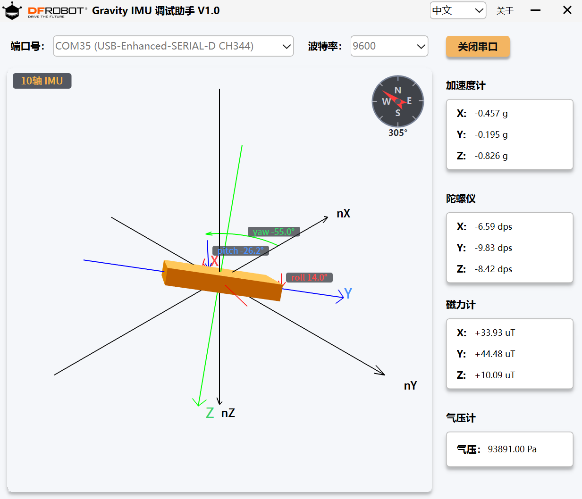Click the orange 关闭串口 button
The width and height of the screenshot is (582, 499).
[478, 46]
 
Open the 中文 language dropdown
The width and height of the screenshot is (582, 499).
[458, 10]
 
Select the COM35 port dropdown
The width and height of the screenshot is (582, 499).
[173, 46]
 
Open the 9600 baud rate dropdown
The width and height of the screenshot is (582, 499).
[389, 46]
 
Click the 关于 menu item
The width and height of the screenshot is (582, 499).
[505, 11]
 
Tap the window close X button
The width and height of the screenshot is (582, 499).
[567, 10]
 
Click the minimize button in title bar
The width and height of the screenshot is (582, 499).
[535, 10]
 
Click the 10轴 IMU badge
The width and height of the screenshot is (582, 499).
[42, 81]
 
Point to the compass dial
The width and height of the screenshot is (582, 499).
[397, 101]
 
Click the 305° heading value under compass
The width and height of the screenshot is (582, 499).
[397, 133]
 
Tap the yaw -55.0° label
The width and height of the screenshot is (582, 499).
[274, 232]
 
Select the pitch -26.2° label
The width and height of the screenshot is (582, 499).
[241, 250]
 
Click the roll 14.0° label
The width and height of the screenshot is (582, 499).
[309, 278]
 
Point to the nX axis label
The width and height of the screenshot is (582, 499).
[344, 214]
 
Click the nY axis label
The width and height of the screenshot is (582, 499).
[410, 386]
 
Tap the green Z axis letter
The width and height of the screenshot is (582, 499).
[210, 413]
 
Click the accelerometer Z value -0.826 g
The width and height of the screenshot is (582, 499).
[491, 156]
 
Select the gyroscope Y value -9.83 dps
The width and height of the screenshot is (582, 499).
[493, 248]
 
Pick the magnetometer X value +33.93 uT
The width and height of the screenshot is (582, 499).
[495, 333]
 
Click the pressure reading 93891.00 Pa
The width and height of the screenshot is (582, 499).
[512, 449]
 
